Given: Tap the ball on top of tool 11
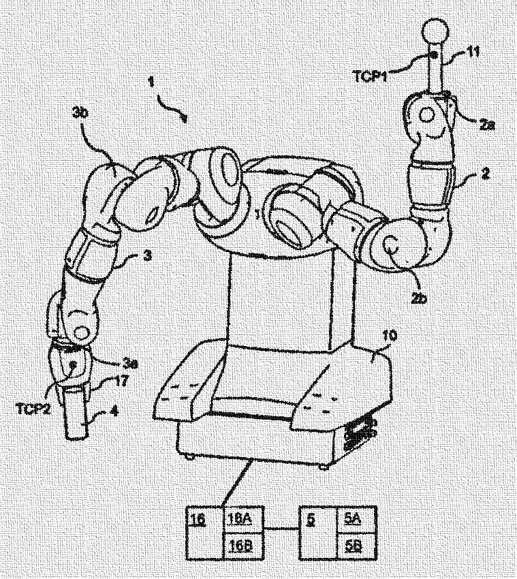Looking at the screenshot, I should coord(434,31).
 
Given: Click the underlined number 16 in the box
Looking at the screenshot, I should coord(198,518).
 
